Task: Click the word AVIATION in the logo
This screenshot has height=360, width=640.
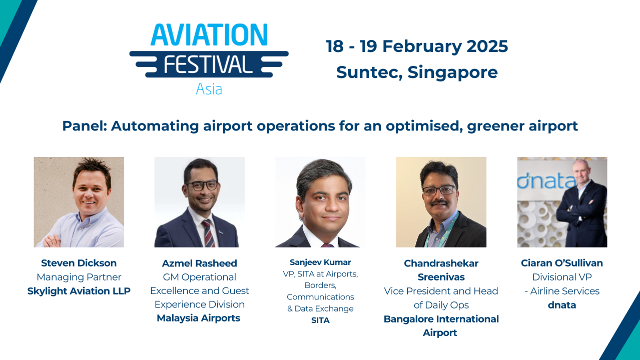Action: [209, 35]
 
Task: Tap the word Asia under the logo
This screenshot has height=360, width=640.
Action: [209, 89]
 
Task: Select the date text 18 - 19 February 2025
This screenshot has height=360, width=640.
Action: [417, 46]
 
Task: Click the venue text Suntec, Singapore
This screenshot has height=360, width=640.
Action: [417, 72]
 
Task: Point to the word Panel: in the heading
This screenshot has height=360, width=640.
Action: [84, 126]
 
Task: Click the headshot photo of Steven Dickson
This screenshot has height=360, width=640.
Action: [79, 202]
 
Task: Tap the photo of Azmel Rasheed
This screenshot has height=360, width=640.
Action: [199, 202]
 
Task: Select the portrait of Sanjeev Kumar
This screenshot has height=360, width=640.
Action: [320, 202]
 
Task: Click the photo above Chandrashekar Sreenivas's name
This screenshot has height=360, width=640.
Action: [441, 202]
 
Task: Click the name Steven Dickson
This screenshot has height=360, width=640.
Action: [79, 263]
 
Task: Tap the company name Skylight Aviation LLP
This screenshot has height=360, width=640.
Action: [79, 291]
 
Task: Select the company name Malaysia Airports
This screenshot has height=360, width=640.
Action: [199, 318]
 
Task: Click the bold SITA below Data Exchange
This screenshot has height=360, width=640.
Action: [320, 320]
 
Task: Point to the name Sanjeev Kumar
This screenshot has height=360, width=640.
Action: [320, 262]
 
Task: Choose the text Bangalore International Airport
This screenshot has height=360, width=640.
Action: [441, 325]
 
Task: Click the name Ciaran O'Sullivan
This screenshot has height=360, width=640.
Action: [561, 263]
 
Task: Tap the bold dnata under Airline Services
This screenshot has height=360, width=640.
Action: [561, 305]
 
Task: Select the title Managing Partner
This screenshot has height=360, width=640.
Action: [79, 277]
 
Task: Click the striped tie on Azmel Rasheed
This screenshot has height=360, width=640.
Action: [208, 233]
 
